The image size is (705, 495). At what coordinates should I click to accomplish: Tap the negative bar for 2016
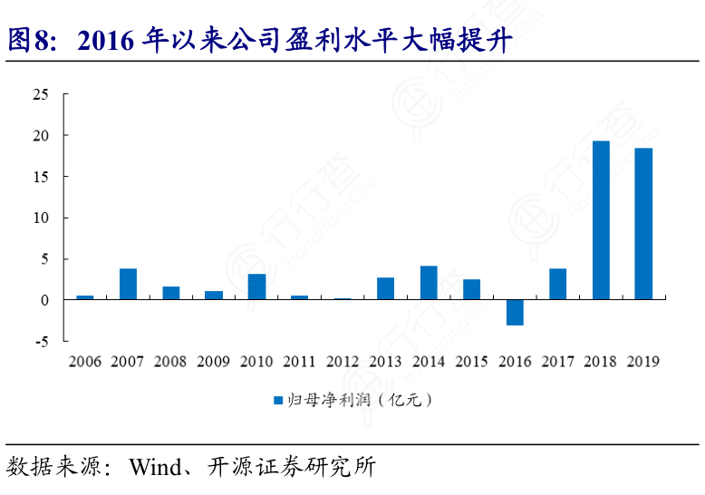(x=515, y=312)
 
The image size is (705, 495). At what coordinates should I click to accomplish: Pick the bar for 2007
(x=128, y=284)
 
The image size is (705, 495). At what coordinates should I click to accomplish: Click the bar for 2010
(x=256, y=286)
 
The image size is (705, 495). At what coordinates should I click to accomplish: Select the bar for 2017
(x=557, y=284)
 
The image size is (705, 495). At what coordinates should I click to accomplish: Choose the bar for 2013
(x=386, y=288)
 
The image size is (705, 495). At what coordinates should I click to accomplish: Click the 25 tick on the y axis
(x=40, y=94)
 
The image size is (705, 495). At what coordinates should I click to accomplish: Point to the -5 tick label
(x=42, y=341)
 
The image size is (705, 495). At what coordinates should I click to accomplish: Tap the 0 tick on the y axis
(x=44, y=300)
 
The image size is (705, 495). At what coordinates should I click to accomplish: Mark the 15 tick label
(x=40, y=177)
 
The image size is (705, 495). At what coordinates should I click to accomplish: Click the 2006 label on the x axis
(x=84, y=362)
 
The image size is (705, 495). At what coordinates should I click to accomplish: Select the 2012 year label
(x=343, y=362)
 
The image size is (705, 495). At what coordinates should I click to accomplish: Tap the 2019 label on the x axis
(x=643, y=362)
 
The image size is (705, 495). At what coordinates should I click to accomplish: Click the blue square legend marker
(x=279, y=399)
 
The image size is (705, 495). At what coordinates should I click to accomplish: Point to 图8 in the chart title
(x=26, y=41)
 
